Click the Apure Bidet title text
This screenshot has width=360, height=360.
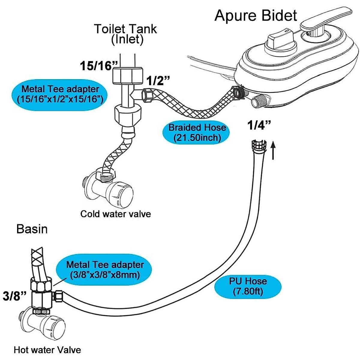(256, 16)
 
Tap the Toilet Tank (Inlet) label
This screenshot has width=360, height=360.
(126, 34)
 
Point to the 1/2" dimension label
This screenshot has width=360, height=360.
(158, 80)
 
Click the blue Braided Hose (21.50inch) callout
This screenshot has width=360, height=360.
(197, 132)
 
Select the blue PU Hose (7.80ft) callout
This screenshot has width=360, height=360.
(248, 286)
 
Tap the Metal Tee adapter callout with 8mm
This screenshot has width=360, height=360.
(105, 269)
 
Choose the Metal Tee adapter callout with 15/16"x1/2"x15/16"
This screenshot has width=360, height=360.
(60, 94)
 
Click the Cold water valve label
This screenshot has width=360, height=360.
(115, 214)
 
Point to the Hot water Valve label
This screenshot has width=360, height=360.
(47, 350)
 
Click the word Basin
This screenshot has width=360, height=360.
(32, 229)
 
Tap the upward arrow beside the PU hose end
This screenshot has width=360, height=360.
(273, 151)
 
